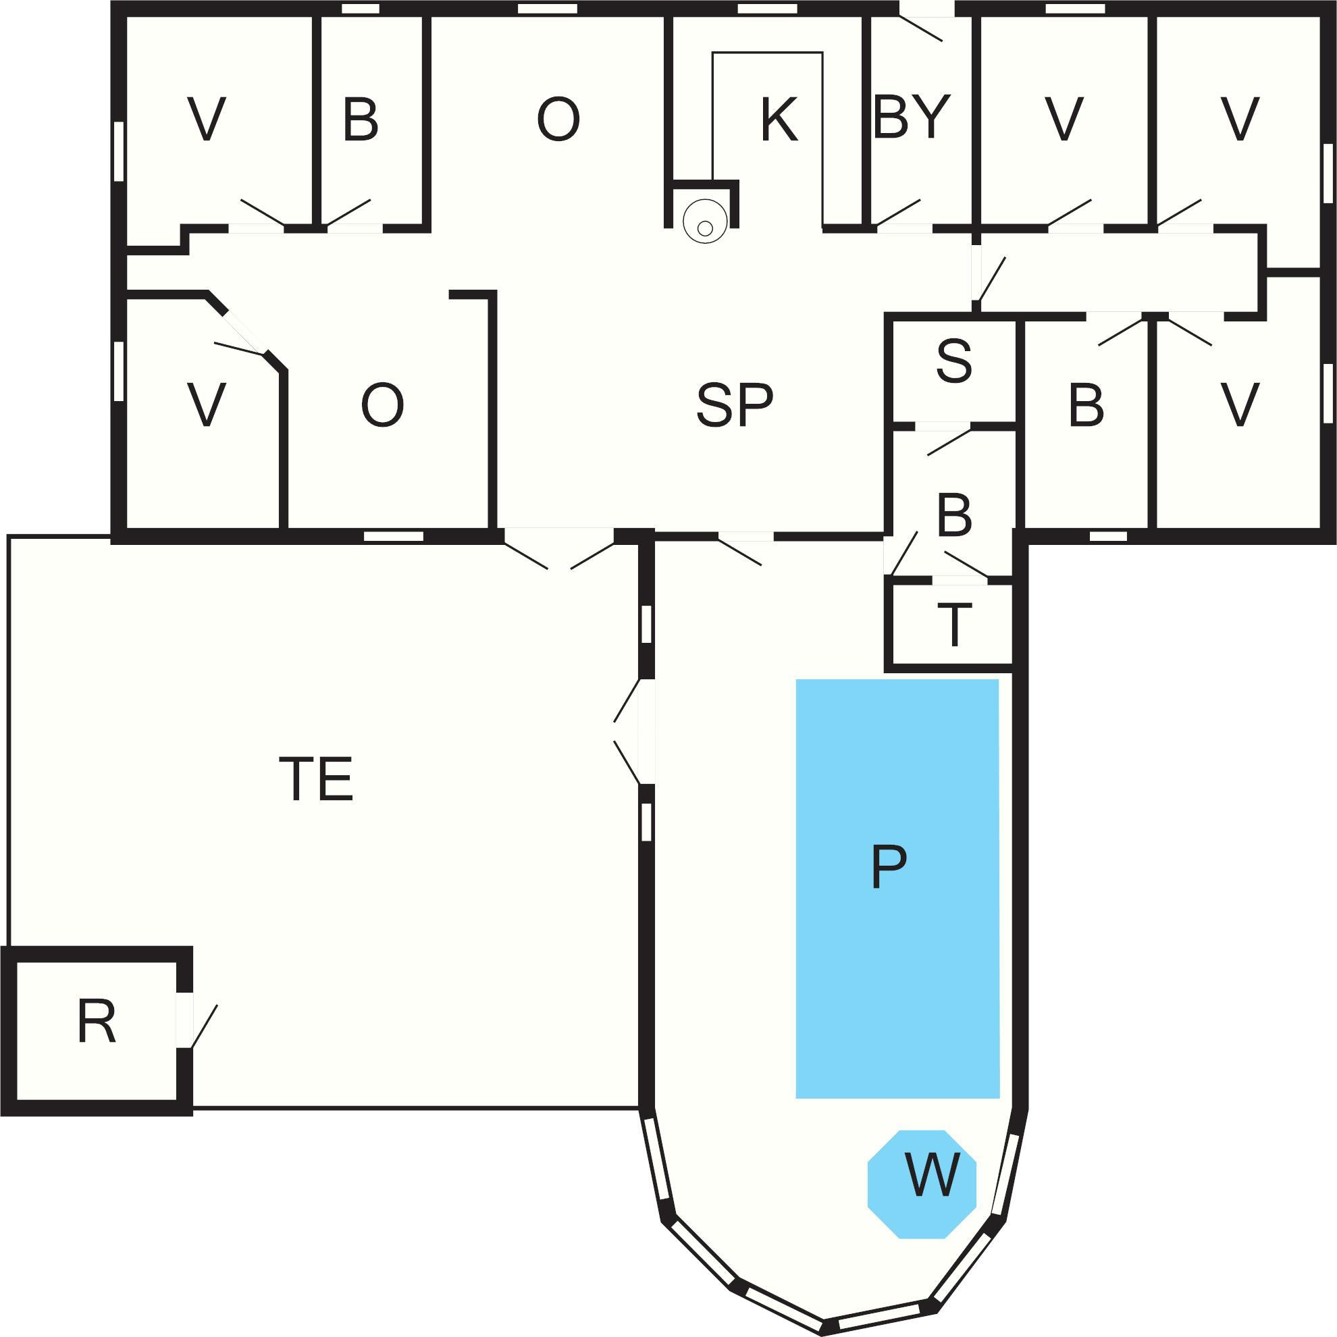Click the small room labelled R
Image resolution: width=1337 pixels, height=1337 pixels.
[96, 1022]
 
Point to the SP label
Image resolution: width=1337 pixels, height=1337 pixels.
[734, 405]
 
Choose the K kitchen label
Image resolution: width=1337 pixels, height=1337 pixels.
[779, 120]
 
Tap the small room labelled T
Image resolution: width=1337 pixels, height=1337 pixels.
[953, 625]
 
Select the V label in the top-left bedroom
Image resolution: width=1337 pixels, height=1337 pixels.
[206, 120]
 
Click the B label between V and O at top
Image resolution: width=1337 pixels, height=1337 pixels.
[361, 120]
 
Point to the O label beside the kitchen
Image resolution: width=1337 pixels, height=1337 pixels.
[558, 120]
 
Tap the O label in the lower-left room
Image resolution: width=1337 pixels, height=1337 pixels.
[382, 405]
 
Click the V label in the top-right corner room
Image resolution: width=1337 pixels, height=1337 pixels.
[1239, 120]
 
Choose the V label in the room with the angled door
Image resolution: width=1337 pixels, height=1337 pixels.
[206, 405]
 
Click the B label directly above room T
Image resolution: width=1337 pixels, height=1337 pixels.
[954, 516]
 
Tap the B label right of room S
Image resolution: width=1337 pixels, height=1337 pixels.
[1086, 405]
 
